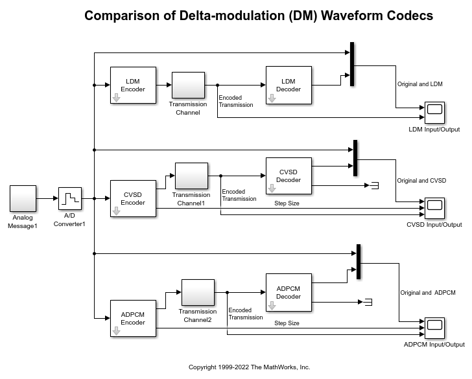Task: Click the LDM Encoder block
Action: [x=133, y=85]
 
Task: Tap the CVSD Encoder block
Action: [x=133, y=198]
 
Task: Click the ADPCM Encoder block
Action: [x=133, y=318]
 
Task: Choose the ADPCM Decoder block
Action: [x=289, y=292]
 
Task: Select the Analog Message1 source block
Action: [x=23, y=198]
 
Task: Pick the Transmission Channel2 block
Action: [x=198, y=292]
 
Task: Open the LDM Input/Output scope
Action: [x=434, y=113]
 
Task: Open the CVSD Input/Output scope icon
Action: [x=434, y=207]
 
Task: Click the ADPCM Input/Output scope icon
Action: [x=434, y=328]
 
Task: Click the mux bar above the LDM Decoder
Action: [x=352, y=64]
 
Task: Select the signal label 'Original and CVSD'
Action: [x=421, y=181]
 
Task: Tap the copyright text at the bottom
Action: [x=249, y=367]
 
